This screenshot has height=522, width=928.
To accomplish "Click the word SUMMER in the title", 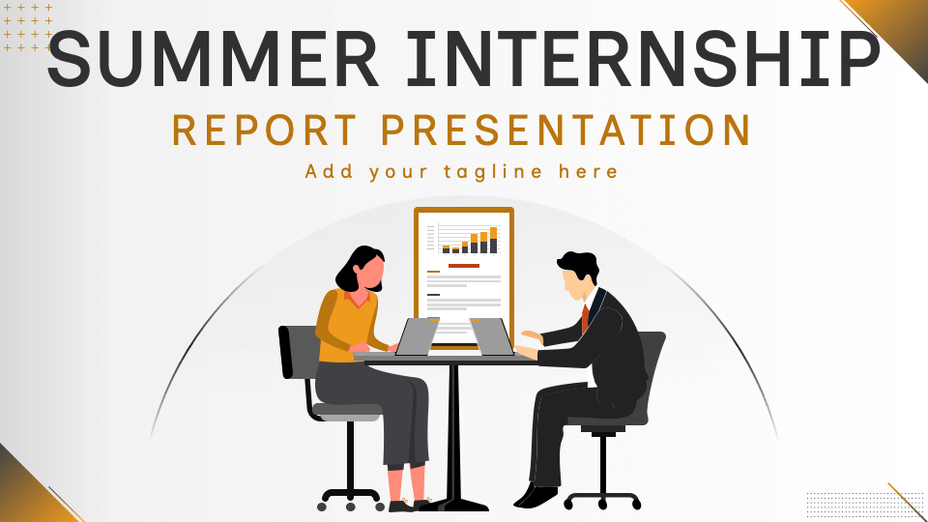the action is (x=213, y=59).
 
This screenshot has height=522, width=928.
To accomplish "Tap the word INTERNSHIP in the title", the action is (x=644, y=59).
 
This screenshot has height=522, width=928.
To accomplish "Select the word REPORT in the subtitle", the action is (x=265, y=130).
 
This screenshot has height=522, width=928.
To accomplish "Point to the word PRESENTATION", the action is (x=566, y=130).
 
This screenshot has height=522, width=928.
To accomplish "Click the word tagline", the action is (x=493, y=172).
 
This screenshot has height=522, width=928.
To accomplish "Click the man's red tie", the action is (x=586, y=318).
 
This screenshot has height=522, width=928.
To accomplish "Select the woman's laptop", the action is (x=417, y=336).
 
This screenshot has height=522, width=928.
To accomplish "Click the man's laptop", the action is (x=492, y=336).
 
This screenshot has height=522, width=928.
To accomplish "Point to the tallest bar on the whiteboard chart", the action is (x=494, y=241).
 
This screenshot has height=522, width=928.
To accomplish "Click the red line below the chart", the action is (x=464, y=266).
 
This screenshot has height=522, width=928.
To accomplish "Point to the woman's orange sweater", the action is (x=346, y=326).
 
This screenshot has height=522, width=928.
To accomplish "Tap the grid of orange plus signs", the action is (x=28, y=27).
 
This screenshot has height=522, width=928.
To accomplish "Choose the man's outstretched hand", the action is (x=531, y=336).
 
